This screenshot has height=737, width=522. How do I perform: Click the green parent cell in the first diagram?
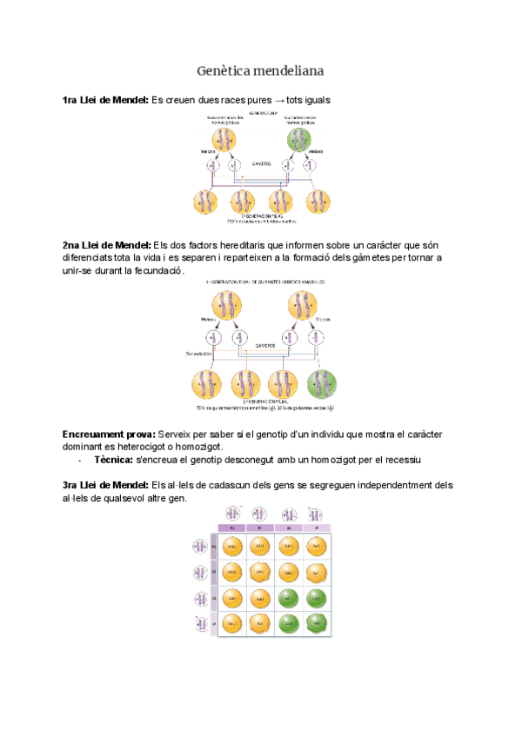point(299,140)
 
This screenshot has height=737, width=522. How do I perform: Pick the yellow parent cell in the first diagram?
point(224,140)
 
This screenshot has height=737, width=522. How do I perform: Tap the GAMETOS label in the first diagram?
point(262,163)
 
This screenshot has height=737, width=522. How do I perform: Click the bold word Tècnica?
point(114,460)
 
